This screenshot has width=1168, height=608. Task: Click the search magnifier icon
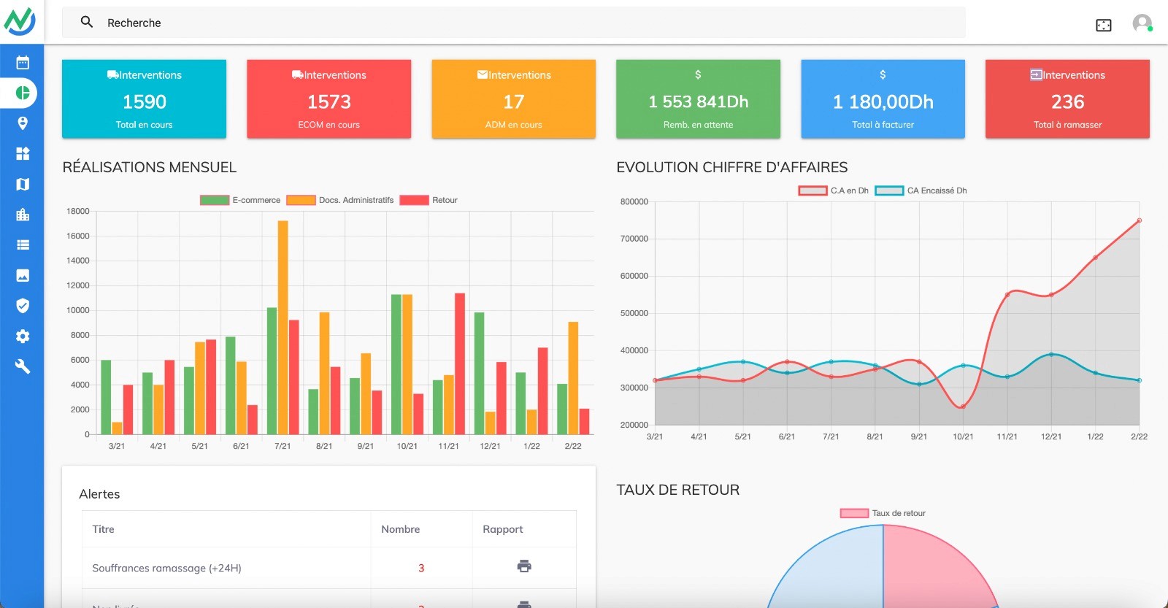point(87,22)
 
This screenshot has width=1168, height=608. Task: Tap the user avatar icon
point(1142,23)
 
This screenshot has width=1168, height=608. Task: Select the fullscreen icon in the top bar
point(1103,26)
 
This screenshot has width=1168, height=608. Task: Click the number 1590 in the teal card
point(145,101)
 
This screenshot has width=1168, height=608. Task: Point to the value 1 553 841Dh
point(698,101)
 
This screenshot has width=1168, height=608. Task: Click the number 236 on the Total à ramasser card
point(1067,101)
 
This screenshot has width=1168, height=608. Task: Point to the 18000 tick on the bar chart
point(78,211)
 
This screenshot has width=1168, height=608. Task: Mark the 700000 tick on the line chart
point(634,239)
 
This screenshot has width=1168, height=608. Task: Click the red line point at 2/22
point(1139,220)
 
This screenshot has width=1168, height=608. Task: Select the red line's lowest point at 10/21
point(963,407)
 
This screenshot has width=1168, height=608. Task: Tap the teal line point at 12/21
point(1051,354)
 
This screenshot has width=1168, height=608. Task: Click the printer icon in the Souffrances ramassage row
point(524,566)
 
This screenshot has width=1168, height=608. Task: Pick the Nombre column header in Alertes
point(400,529)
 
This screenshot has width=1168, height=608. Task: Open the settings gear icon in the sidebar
point(23,336)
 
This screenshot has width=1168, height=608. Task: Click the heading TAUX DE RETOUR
point(677,490)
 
